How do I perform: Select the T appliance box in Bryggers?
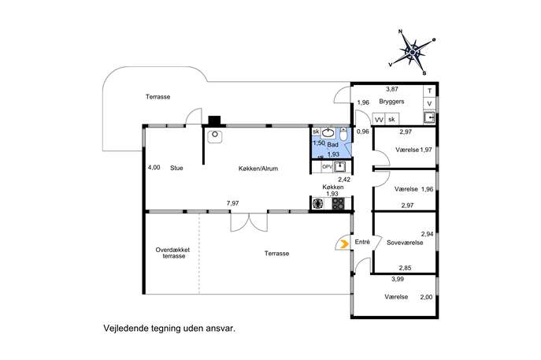pyautogui.click(x=429, y=91)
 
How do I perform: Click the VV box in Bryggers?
pyautogui.click(x=379, y=119)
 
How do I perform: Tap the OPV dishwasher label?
pyautogui.click(x=327, y=166)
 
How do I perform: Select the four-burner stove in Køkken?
pyautogui.click(x=339, y=203)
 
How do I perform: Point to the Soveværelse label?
pyautogui.click(x=406, y=243)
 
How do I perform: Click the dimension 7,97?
pyautogui.click(x=232, y=203)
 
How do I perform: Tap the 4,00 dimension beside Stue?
pyautogui.click(x=154, y=168)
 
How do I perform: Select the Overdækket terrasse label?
pyautogui.click(x=172, y=253)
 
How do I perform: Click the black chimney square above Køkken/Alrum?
pyautogui.click(x=214, y=121)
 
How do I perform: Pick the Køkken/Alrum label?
pyautogui.click(x=258, y=169)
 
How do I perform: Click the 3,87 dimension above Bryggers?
pyautogui.click(x=391, y=89)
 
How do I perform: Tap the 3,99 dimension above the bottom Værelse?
pyautogui.click(x=398, y=278)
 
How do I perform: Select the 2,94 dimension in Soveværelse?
pyautogui.click(x=428, y=234)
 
